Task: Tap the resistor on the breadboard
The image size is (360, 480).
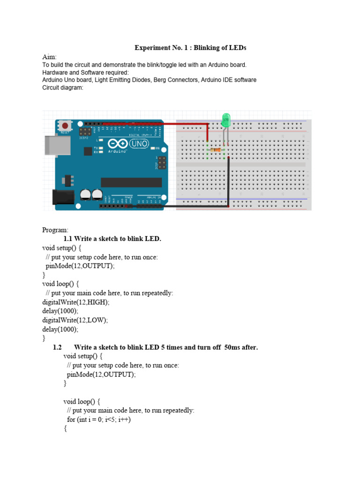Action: (216, 150)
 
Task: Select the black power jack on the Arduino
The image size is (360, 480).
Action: (60, 197)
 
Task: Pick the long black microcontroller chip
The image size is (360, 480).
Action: (131, 182)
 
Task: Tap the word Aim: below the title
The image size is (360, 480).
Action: (49, 57)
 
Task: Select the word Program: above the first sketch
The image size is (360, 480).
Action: (55, 230)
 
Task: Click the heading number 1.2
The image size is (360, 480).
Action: (58, 347)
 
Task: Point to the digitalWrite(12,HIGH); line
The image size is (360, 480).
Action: (76, 302)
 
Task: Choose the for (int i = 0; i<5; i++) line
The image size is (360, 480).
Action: (99, 420)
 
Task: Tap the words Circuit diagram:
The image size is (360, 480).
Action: (63, 88)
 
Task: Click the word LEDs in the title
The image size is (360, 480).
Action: (237, 48)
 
